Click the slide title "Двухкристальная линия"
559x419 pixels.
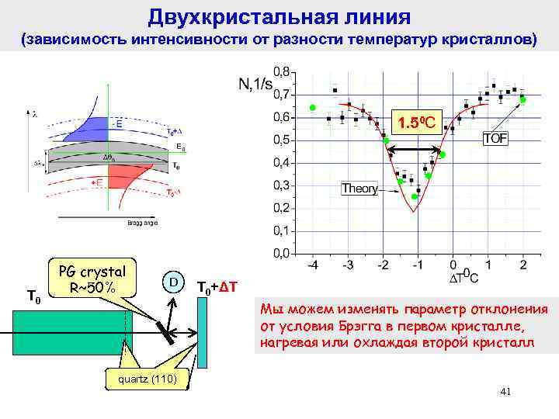coord(279,16)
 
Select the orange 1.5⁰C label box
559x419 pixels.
coord(419,121)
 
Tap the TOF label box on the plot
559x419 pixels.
coord(497,139)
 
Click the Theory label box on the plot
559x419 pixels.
coord(360,188)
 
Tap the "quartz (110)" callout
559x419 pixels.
coord(148,379)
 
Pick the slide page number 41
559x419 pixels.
coord(505,392)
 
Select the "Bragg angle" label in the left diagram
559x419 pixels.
coord(143,223)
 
